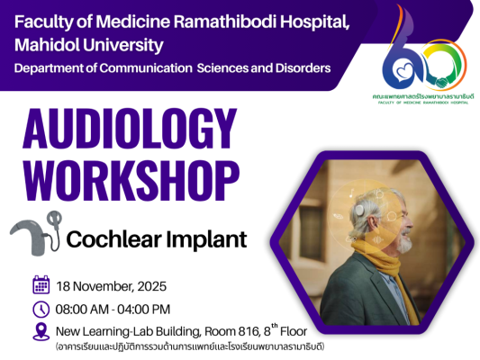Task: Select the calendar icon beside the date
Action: click(41, 286)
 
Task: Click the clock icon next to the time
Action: click(41, 308)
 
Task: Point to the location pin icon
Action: click(41, 331)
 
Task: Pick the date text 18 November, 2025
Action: click(112, 286)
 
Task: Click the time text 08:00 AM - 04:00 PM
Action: click(124, 309)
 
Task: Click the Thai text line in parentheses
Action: click(189, 346)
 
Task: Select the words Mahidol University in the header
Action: click(89, 44)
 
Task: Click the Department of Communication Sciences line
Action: click(171, 68)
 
